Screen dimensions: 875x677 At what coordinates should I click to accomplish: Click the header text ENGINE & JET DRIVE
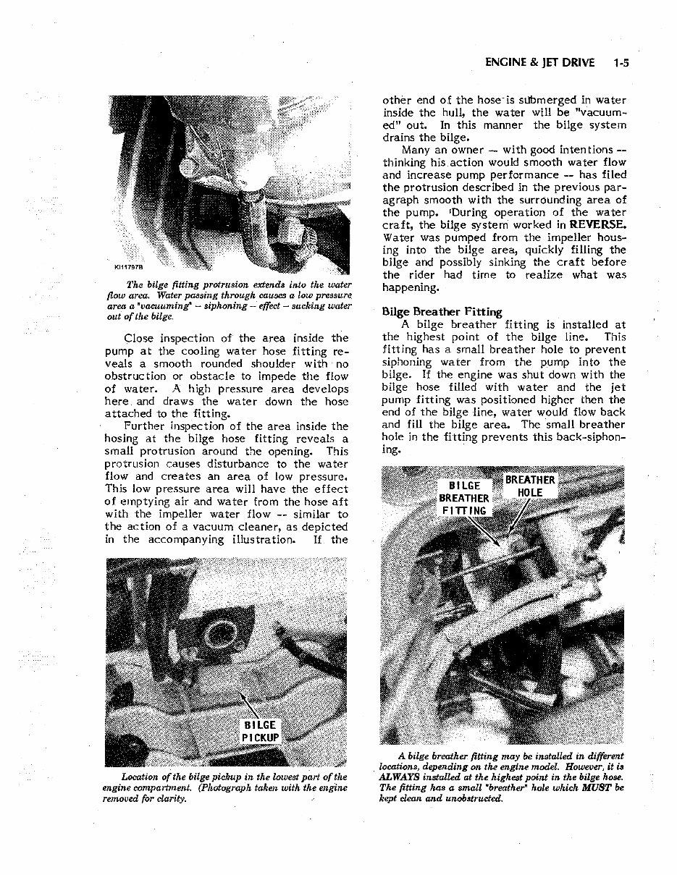pyautogui.click(x=540, y=63)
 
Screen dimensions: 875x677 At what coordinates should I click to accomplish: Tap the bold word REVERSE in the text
pyautogui.click(x=598, y=225)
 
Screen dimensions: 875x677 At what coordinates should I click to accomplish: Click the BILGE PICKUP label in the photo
pyautogui.click(x=260, y=731)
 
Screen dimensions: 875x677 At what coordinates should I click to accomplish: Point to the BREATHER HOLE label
pyautogui.click(x=530, y=486)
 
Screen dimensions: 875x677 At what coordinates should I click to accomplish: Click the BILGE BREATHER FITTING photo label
pyautogui.click(x=464, y=498)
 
